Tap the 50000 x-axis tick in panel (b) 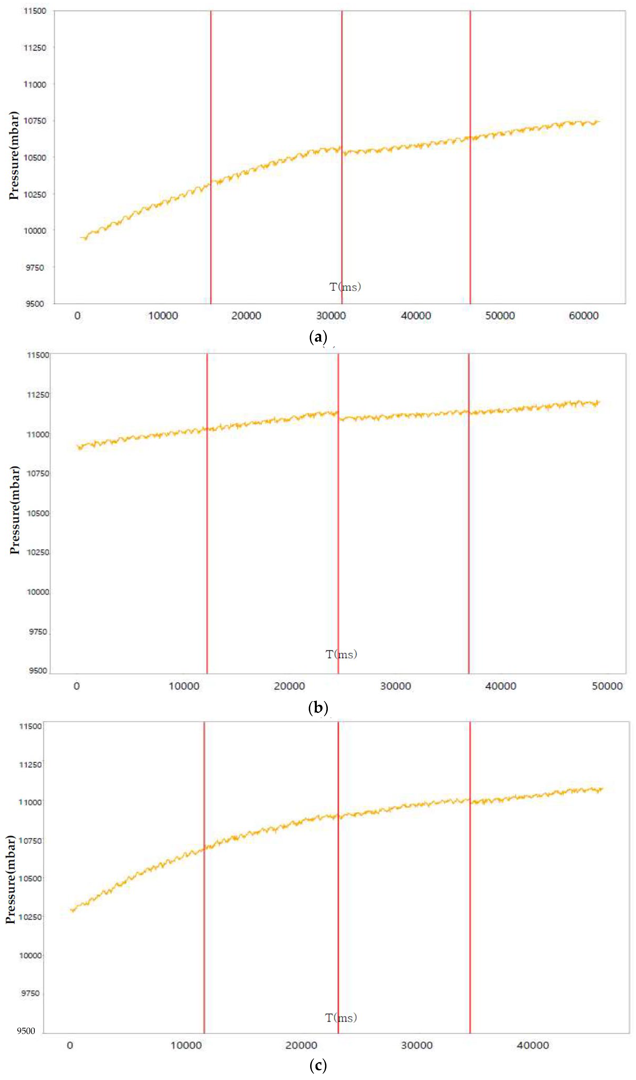click(607, 686)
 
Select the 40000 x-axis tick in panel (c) click(532, 1045)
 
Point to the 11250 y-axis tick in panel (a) click(35, 48)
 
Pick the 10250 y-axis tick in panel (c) click(30, 917)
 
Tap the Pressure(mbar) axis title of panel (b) click(15, 510)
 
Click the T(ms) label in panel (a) click(345, 287)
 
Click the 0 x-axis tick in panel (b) click(77, 686)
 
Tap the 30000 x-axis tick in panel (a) click(331, 316)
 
